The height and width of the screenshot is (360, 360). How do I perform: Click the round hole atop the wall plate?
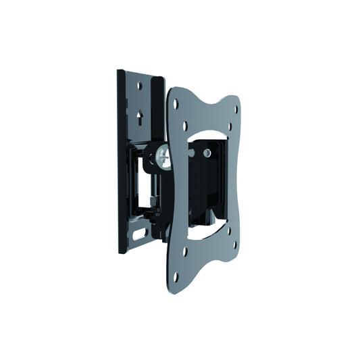140,86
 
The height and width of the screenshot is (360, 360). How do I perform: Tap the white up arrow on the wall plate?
138,115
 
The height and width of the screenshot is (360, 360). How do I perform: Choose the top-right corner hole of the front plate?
236,102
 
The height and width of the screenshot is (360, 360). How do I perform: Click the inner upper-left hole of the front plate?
184,126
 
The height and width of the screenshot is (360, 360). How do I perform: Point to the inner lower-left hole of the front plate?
184,251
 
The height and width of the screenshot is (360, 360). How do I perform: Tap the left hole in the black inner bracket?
192,153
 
